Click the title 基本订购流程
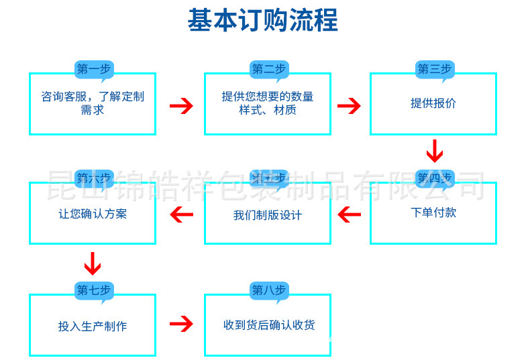click(x=262, y=20)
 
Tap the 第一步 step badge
click(x=93, y=68)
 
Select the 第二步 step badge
click(x=268, y=68)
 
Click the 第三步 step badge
click(x=434, y=68)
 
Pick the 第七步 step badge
click(x=93, y=290)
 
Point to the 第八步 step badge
click(x=268, y=290)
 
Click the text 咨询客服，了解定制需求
click(x=93, y=103)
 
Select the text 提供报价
click(x=433, y=103)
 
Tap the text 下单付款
click(x=433, y=213)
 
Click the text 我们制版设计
click(x=268, y=215)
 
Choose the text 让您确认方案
click(x=93, y=215)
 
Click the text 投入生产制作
click(x=93, y=326)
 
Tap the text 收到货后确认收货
click(x=268, y=325)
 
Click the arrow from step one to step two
click(x=180, y=106)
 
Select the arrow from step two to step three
click(x=349, y=106)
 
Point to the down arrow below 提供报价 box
click(x=435, y=151)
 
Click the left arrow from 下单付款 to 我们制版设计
click(x=349, y=215)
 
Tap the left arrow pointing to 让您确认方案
click(x=181, y=215)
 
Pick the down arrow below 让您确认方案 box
click(x=93, y=263)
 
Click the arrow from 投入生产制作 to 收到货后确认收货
click(x=180, y=324)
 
